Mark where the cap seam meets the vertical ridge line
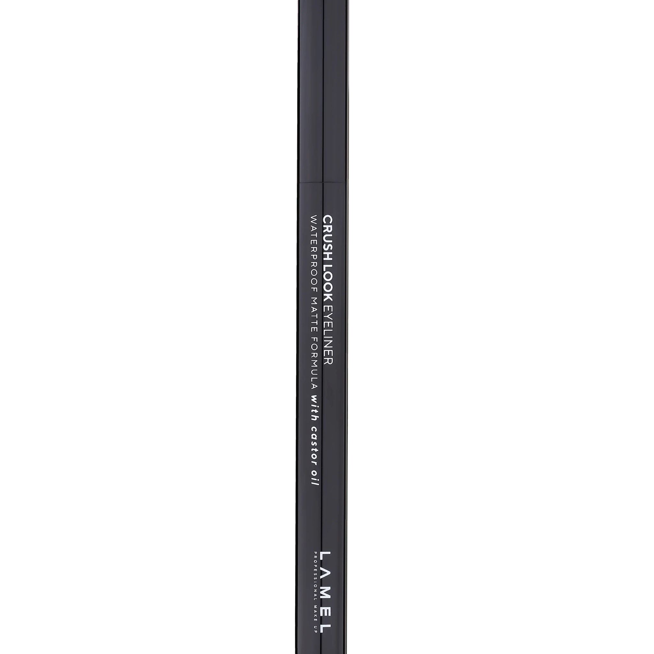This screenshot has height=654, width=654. coord(323,182)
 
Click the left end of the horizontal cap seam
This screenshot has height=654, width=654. coord(298,182)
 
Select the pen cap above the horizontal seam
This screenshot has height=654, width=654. coord(323,91)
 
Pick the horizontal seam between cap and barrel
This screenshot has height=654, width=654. coord(323,182)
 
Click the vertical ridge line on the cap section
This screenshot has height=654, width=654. coord(323,91)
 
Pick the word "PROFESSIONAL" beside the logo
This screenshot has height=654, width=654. coord(315,580)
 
